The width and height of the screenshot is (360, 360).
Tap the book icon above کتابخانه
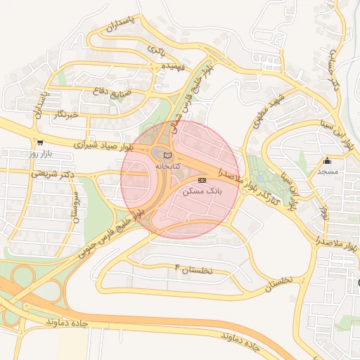tap(167, 155)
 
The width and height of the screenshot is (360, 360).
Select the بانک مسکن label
tap(202, 191)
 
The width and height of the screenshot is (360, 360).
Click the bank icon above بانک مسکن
tap(202, 181)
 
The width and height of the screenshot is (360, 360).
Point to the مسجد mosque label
tap(328, 171)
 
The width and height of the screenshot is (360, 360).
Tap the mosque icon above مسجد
tap(327, 161)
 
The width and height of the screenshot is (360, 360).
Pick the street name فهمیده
tap(173, 65)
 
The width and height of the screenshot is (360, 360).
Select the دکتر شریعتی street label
tap(51, 173)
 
